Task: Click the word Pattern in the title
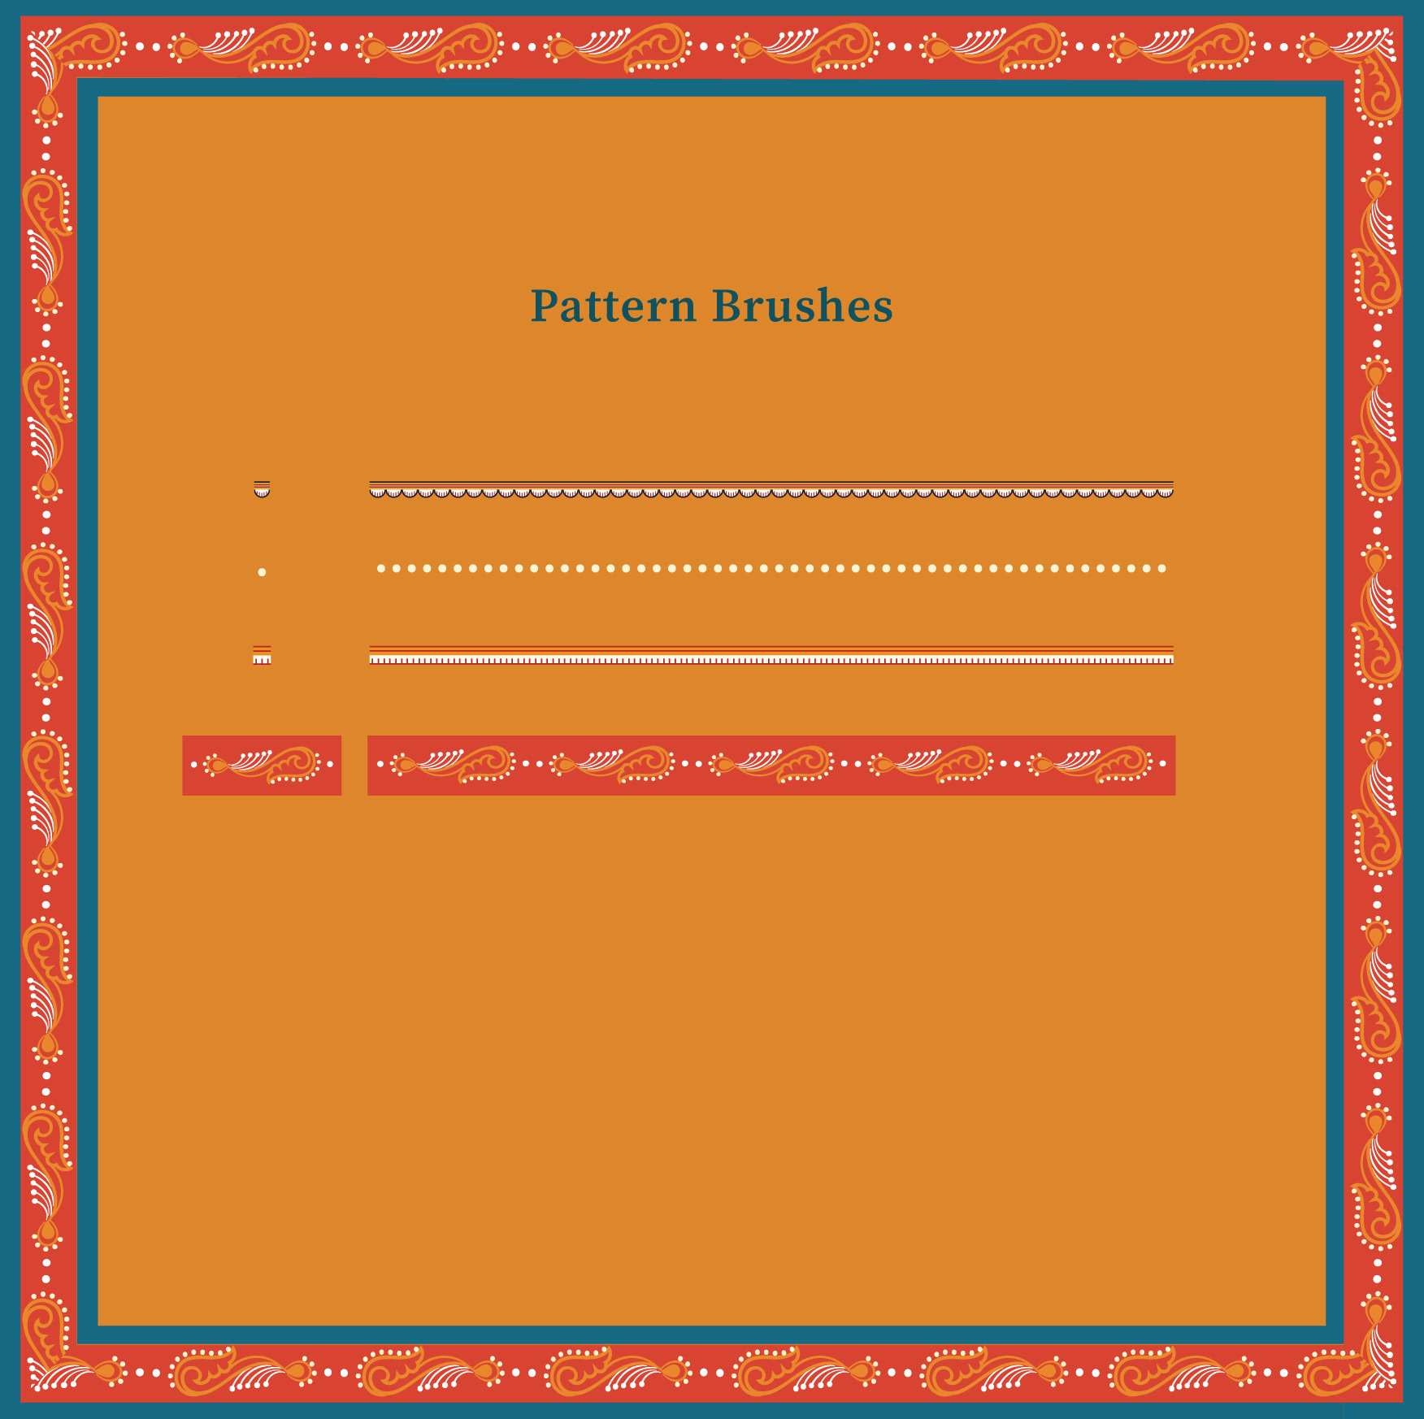(x=614, y=306)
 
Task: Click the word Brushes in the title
(x=803, y=306)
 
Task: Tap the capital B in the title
(x=727, y=306)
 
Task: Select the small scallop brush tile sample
(x=262, y=489)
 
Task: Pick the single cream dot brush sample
(x=262, y=572)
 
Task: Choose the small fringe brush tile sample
(x=262, y=655)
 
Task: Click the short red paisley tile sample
(x=262, y=766)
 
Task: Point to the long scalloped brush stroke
(x=771, y=489)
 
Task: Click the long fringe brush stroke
(x=771, y=655)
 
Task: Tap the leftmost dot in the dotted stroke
(x=380, y=569)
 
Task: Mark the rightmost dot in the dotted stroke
(x=1162, y=569)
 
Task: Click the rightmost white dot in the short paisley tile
(x=330, y=765)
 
